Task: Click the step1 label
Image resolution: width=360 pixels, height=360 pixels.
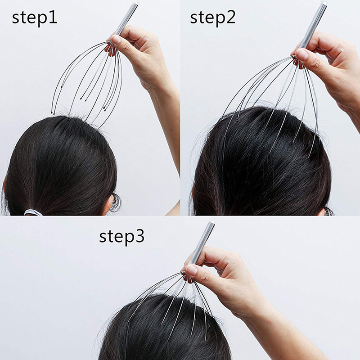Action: (35, 18)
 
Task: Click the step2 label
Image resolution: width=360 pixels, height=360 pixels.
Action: (213, 18)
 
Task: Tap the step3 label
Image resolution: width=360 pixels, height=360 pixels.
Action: (121, 237)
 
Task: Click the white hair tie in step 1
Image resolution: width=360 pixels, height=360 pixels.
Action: (33, 212)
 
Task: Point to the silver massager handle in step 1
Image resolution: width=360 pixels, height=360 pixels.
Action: (126, 19)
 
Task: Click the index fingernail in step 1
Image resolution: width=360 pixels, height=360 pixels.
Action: (116, 40)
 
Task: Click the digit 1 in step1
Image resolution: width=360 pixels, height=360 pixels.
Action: (53, 17)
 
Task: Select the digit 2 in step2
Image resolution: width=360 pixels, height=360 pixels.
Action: (231, 17)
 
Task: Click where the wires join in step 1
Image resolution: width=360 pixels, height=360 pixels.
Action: (109, 42)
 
